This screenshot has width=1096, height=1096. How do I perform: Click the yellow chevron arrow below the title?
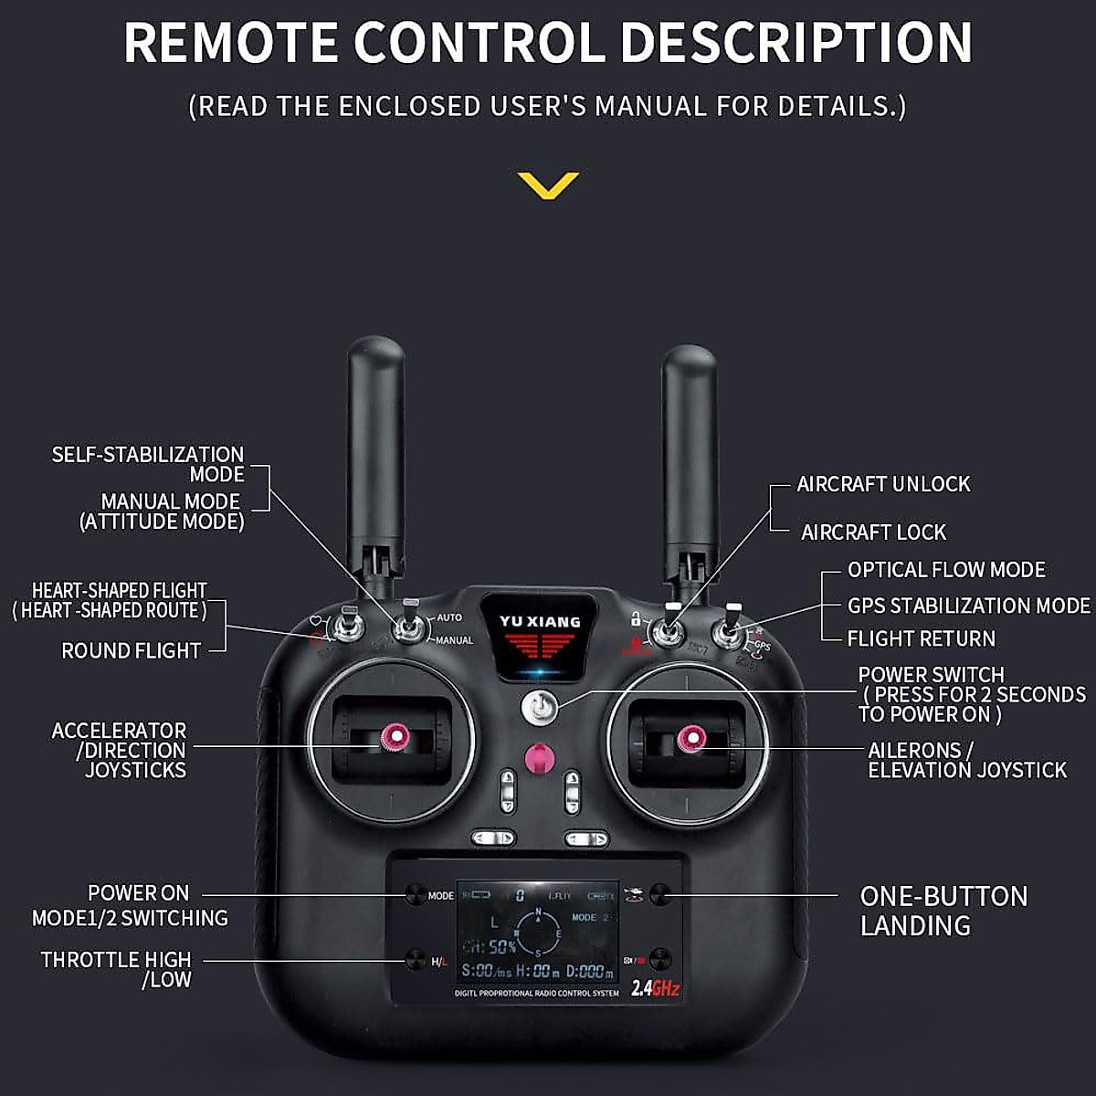(548, 184)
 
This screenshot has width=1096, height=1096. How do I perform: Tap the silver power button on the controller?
(540, 707)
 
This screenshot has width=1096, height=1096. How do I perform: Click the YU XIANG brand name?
(540, 622)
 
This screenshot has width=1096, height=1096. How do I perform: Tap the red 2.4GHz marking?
(655, 987)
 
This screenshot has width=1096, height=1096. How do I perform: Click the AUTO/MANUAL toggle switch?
(409, 627)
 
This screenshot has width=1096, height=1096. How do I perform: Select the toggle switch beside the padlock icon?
(669, 630)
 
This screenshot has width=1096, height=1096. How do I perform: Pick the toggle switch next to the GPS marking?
(729, 632)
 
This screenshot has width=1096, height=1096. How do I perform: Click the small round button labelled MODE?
(416, 894)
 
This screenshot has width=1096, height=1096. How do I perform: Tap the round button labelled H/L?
(416, 960)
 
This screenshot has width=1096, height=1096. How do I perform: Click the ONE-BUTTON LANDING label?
(943, 911)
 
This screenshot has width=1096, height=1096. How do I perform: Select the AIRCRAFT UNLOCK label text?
(883, 484)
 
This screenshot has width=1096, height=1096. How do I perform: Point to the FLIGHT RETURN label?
(921, 638)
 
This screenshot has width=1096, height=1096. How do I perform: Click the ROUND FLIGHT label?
(131, 651)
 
